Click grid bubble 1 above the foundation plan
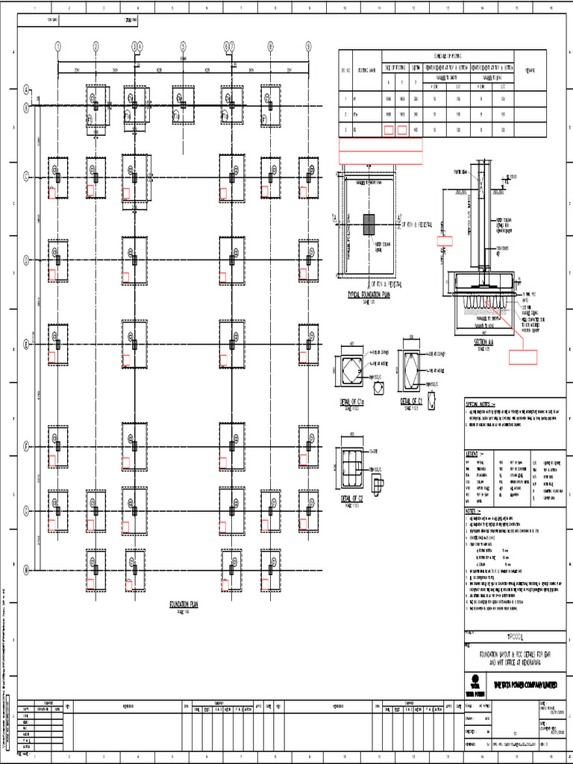tap(57, 46)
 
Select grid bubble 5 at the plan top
tap(183, 46)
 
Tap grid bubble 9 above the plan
tap(308, 46)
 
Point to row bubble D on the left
tap(26, 260)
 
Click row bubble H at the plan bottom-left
tap(26, 569)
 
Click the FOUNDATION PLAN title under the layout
tap(183, 604)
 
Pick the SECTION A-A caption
tap(484, 342)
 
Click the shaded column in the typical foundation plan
tap(370, 225)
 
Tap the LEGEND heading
tap(475, 454)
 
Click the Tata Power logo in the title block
tap(473, 683)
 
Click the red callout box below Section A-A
tap(523, 355)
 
